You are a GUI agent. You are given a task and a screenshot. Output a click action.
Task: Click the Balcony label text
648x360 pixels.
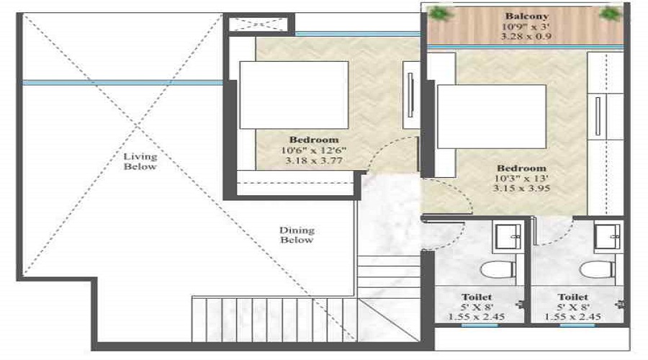[x=527, y=16]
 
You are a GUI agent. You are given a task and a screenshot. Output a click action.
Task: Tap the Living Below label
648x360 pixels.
[x=140, y=161]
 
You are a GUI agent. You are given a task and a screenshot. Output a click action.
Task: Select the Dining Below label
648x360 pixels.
[x=297, y=235]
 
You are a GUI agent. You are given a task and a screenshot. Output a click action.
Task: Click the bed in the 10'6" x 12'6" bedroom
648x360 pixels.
[x=294, y=95]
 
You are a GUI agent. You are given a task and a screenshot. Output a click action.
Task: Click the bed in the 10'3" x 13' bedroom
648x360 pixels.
[x=492, y=117]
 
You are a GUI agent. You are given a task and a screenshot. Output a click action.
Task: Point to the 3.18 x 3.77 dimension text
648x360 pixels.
[x=314, y=161]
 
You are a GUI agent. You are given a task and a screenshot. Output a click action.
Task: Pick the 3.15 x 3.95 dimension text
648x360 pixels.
[x=521, y=188]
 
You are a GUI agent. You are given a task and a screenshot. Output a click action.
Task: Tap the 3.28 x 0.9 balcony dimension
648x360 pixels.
[x=526, y=37]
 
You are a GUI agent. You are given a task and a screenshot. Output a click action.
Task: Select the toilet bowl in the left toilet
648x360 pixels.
[x=498, y=270]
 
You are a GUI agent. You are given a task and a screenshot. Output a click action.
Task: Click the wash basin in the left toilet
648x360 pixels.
[x=508, y=236]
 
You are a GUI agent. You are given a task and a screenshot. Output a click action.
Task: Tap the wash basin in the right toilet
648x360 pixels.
[x=607, y=236]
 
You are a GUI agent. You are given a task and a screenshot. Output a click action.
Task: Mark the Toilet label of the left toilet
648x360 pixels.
[x=477, y=297]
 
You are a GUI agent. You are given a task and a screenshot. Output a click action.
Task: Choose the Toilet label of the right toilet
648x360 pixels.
[x=573, y=297]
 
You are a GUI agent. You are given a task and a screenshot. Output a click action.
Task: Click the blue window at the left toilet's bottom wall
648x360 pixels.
[x=480, y=325]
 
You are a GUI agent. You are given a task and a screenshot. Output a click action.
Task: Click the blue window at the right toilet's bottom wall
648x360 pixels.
[x=577, y=325]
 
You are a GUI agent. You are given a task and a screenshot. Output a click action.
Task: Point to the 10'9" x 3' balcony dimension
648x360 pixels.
[x=526, y=27]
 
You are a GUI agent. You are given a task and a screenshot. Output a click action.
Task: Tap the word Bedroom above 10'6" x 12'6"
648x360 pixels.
[x=314, y=140]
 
